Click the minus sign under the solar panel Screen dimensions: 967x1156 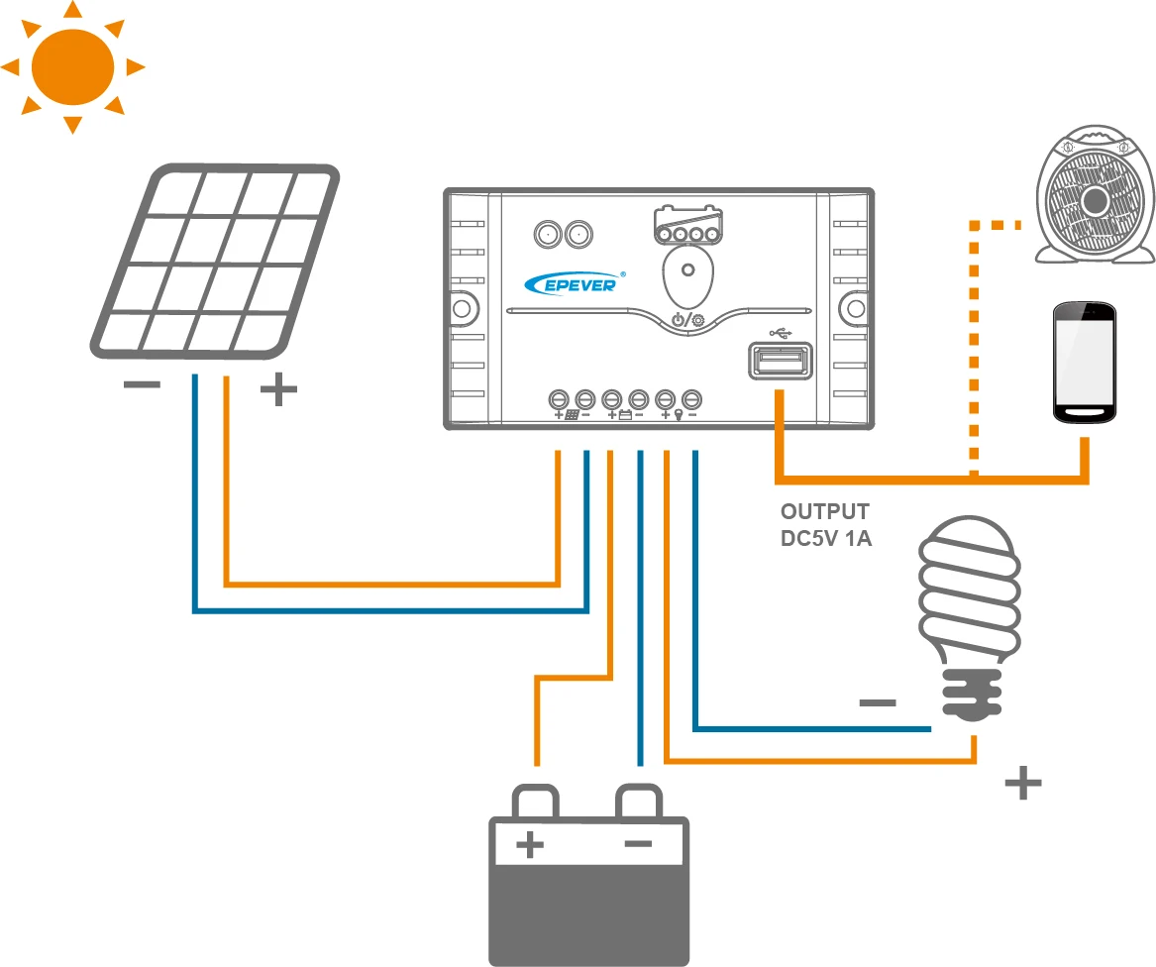pos(142,384)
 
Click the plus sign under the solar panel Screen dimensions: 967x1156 pos(278,390)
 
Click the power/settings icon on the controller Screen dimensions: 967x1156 pos(687,320)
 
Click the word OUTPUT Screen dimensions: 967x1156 pos(824,512)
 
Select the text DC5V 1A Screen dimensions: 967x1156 pos(825,541)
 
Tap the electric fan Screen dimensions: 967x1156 pos(1094,198)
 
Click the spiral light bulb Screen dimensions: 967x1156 pos(969,614)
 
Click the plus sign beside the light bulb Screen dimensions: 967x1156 pos(1023,784)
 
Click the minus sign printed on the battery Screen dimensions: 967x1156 pos(638,844)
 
